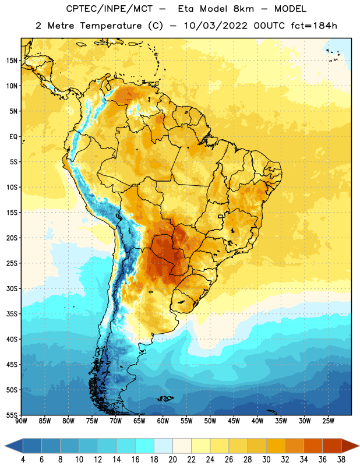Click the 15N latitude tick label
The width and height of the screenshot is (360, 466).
[12, 61]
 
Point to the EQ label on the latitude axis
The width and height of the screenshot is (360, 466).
[13, 137]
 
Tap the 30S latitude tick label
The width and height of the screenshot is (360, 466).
[12, 288]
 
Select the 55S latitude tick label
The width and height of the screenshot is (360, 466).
[12, 415]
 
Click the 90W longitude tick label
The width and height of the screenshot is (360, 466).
[21, 421]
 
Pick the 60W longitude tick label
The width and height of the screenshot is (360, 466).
[163, 421]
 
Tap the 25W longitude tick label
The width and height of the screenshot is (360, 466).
[328, 421]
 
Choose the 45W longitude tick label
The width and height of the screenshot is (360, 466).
[234, 421]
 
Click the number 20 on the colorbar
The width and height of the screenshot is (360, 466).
[172, 459]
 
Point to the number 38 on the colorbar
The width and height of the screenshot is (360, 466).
[341, 459]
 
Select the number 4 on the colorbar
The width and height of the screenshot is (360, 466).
[23, 459]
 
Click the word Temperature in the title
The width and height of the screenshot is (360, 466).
[111, 26]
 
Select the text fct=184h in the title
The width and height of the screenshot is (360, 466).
[314, 26]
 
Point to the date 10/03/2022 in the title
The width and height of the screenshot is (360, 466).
[216, 26]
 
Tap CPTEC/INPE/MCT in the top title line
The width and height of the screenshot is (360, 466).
[109, 9]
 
